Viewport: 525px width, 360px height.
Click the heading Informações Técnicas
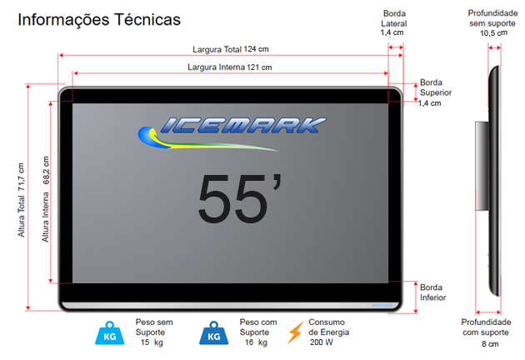[x=99, y=20]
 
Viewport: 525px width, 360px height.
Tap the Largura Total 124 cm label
[x=230, y=49]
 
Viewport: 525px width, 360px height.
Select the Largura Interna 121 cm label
[x=229, y=67]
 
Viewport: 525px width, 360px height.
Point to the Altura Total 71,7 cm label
[x=21, y=200]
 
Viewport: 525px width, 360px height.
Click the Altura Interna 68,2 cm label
[x=46, y=199]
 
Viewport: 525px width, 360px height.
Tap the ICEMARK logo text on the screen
[x=243, y=125]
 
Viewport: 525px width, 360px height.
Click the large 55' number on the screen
[x=240, y=197]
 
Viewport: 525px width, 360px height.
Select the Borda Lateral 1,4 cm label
[x=393, y=23]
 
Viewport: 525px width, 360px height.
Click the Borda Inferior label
[x=433, y=292]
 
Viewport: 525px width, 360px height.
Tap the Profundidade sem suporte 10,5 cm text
[x=492, y=23]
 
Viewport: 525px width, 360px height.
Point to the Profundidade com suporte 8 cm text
[x=486, y=332]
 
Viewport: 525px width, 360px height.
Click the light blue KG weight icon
[x=109, y=333]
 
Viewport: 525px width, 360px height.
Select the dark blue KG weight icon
[x=213, y=333]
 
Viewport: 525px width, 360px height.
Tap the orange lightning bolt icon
[x=295, y=332]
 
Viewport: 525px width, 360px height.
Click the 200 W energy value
[x=322, y=342]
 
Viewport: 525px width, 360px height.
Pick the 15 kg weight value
[x=152, y=342]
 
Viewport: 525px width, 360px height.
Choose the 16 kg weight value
[x=256, y=342]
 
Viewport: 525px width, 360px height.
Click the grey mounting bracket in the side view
[x=482, y=166]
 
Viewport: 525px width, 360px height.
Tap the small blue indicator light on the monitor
[x=382, y=305]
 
